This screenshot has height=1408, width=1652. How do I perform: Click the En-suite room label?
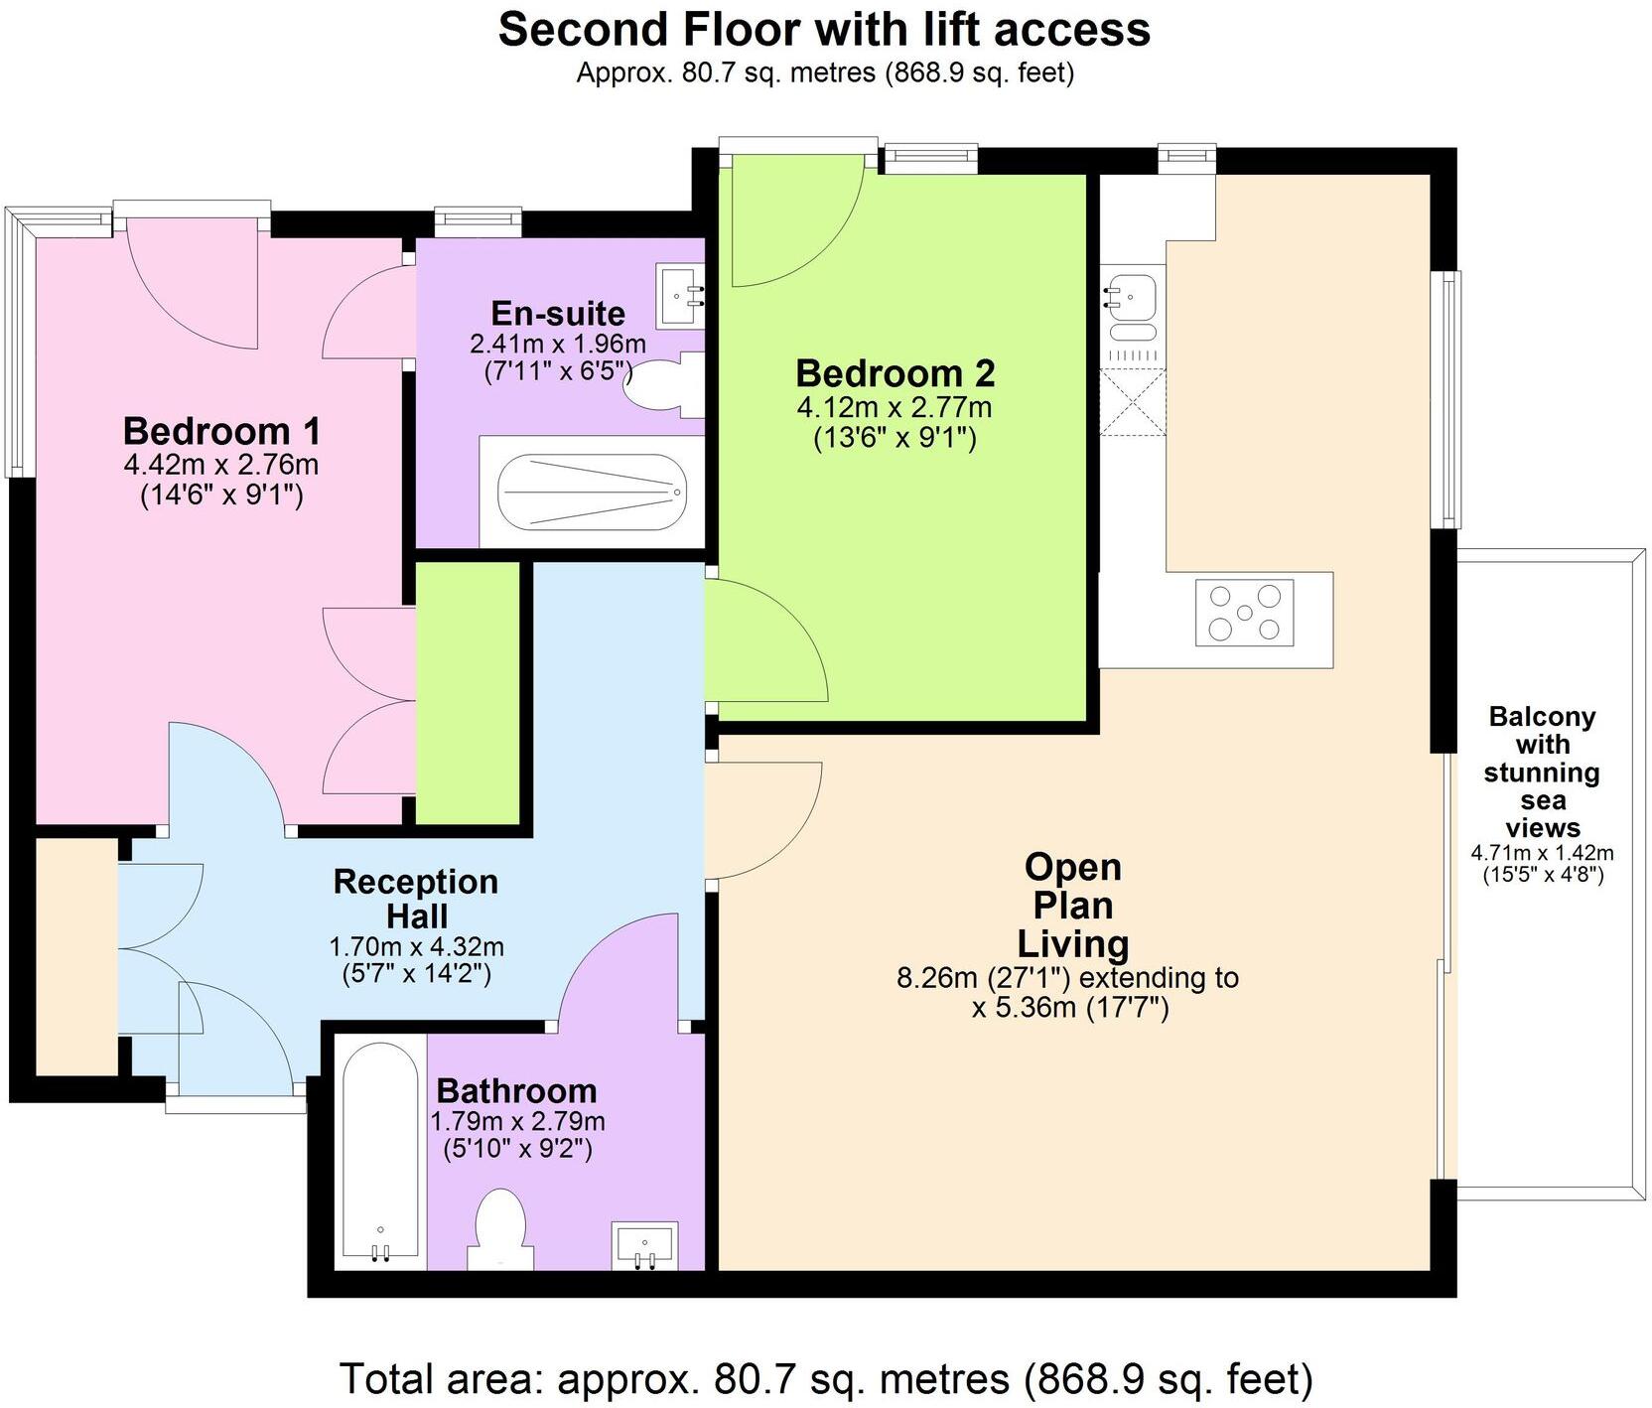[x=558, y=314]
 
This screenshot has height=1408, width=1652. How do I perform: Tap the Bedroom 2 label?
[x=895, y=373]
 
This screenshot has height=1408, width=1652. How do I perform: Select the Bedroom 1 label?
[x=221, y=431]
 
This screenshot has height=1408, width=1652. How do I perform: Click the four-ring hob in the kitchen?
[x=1244, y=613]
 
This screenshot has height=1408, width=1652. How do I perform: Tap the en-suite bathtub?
[x=593, y=493]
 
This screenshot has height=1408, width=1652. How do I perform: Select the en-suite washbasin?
[x=680, y=295]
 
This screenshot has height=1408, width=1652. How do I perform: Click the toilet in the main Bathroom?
[x=500, y=1229]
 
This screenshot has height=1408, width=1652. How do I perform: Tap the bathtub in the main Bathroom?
[x=380, y=1152]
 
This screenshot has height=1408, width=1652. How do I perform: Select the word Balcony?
[x=1542, y=717]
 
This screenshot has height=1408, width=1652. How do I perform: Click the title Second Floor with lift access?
[x=824, y=29]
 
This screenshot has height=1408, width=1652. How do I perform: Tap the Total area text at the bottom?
[x=826, y=1379]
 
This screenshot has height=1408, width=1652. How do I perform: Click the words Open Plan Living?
[x=1072, y=905]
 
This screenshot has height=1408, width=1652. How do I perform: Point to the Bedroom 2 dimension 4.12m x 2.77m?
[x=895, y=422]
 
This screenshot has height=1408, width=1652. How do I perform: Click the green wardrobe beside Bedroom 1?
[x=468, y=693]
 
